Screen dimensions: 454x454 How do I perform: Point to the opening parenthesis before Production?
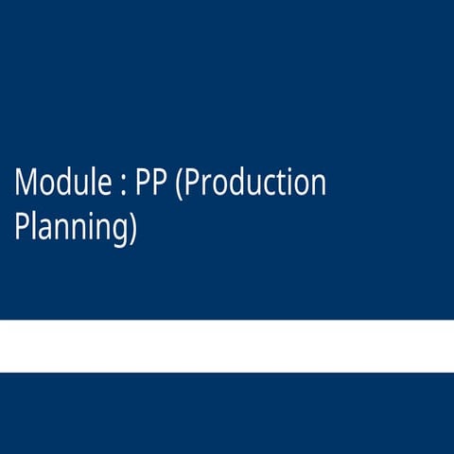(181, 183)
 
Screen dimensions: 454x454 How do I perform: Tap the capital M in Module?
(26, 183)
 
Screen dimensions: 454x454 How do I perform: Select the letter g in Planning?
(119, 232)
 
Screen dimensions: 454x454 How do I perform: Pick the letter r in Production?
(205, 185)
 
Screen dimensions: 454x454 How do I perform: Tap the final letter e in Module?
(105, 185)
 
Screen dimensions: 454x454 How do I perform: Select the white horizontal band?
(227, 346)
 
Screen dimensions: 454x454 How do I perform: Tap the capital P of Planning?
(22, 227)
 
